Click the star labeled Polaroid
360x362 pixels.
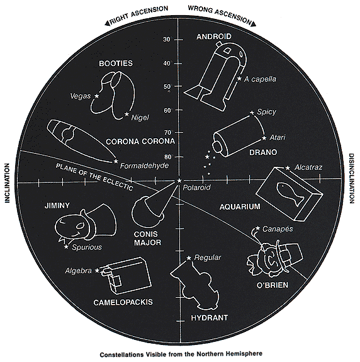pyautogui.click(x=179, y=181)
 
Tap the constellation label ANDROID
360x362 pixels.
pyautogui.click(x=214, y=37)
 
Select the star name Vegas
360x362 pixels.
pyautogui.click(x=81, y=96)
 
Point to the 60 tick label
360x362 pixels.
pyautogui.click(x=167, y=110)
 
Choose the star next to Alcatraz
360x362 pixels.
pyautogui.click(x=288, y=168)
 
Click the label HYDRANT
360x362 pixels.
pyautogui.click(x=210, y=318)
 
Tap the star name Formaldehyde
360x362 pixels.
pyautogui.click(x=144, y=166)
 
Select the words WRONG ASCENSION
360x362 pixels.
pyautogui.click(x=220, y=14)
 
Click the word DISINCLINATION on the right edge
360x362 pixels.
pyautogui.click(x=351, y=178)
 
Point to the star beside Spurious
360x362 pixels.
pyautogui.click(x=67, y=247)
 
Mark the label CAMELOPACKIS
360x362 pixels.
pyautogui.click(x=123, y=302)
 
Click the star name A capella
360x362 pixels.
pyautogui.click(x=260, y=79)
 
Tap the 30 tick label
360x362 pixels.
pyautogui.click(x=167, y=40)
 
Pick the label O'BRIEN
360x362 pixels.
pyautogui.click(x=273, y=285)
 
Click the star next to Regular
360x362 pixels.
pyautogui.click(x=189, y=258)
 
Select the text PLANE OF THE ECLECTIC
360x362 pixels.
pyautogui.click(x=94, y=177)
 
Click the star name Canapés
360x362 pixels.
pyautogui.click(x=278, y=229)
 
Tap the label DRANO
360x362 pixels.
pyautogui.click(x=263, y=152)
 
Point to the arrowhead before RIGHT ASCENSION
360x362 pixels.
pyautogui.click(x=107, y=23)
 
